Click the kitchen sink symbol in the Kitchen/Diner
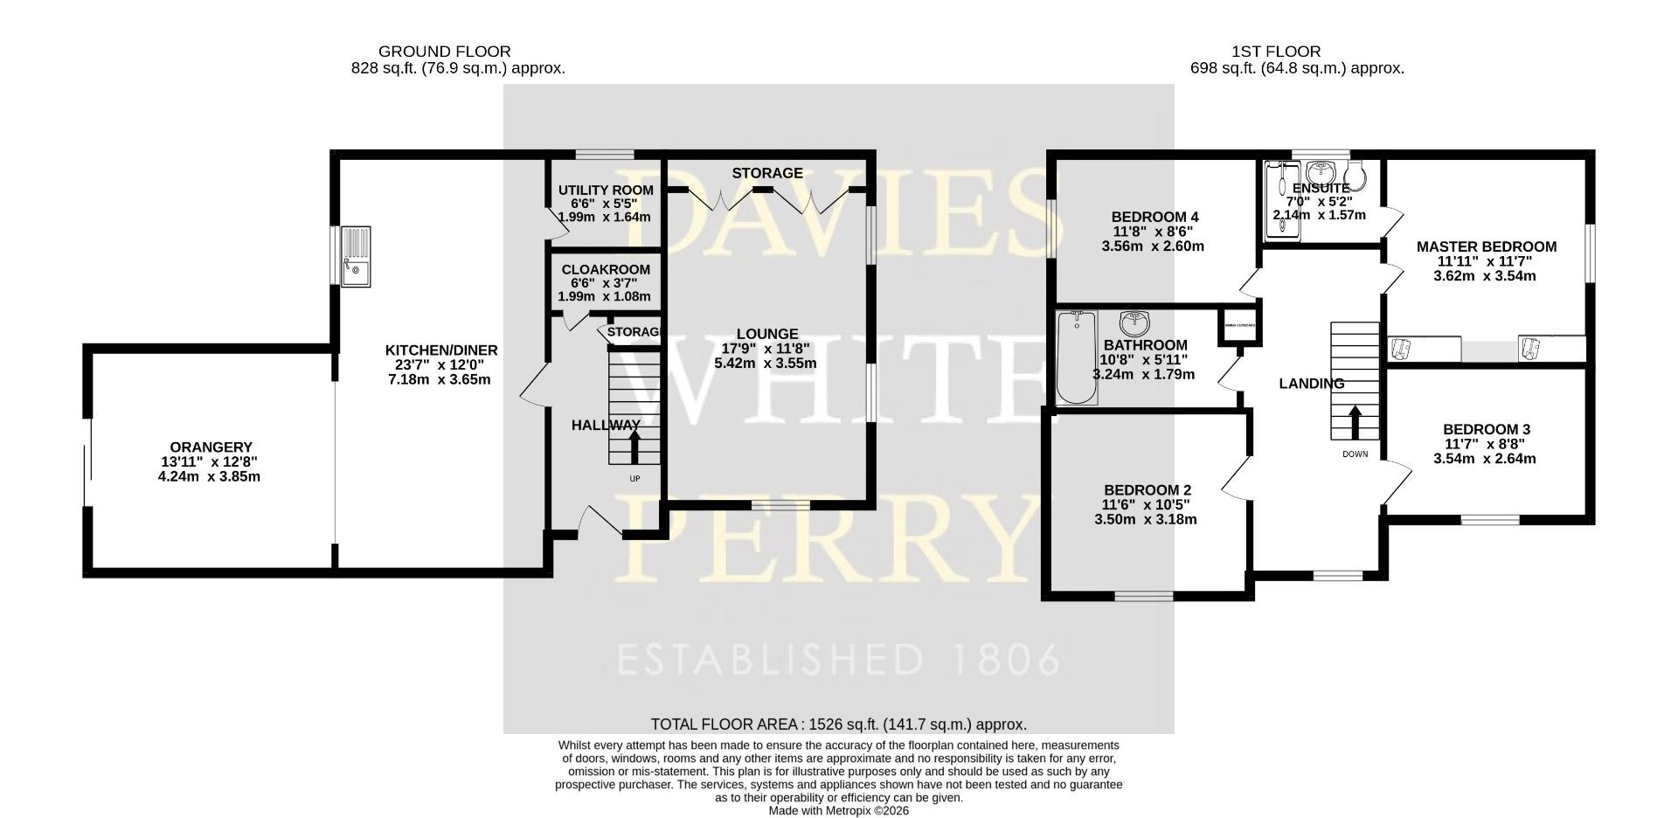click(357, 256)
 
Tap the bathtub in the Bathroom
click(1077, 358)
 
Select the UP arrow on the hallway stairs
click(634, 446)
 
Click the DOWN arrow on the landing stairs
click(1356, 422)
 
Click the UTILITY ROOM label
click(606, 190)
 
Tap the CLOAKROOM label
click(606, 270)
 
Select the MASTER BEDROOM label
click(1486, 247)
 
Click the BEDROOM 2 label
click(1147, 490)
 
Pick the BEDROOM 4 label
click(1154, 217)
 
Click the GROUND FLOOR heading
click(444, 52)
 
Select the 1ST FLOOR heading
click(1275, 52)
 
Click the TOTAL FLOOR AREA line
click(838, 724)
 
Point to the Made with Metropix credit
click(838, 811)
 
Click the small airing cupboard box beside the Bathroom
click(1239, 326)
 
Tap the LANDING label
click(1311, 384)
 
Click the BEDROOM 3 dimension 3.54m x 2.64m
click(1485, 458)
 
